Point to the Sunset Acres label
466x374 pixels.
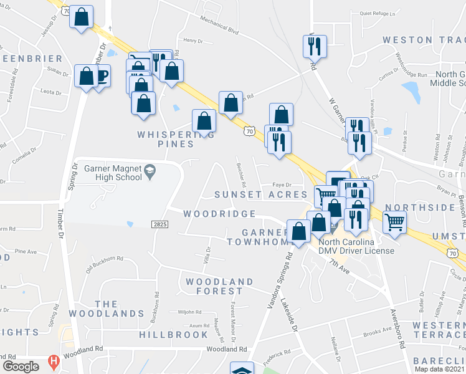[261, 194]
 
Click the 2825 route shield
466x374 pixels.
[159, 223]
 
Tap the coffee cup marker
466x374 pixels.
[101, 77]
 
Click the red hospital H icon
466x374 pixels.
[54, 362]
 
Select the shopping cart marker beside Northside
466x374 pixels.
[395, 221]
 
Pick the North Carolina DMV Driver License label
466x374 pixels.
[356, 246]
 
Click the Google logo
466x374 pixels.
[21, 367]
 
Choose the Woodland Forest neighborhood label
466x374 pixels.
[214, 286]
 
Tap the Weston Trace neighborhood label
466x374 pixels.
[424, 40]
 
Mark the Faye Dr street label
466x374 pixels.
[282, 184]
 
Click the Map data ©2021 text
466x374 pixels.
[439, 369]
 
